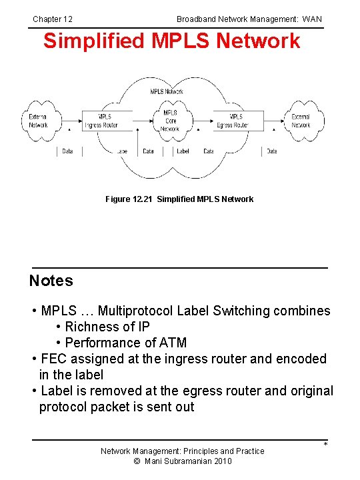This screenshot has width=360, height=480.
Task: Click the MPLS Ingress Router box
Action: click(101, 121)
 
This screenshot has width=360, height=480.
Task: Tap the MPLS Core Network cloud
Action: click(170, 121)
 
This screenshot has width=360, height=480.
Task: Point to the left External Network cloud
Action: click(39, 121)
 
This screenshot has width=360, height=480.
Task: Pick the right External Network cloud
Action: click(301, 121)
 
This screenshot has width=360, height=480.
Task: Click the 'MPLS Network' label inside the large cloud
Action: click(167, 91)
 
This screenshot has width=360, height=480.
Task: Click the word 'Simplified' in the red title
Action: click(87, 41)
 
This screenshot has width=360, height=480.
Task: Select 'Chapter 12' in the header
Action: click(53, 19)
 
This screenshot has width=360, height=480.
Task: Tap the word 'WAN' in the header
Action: click(312, 19)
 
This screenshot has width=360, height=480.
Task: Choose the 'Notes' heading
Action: click(51, 281)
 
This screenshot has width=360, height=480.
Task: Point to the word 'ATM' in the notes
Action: click(171, 343)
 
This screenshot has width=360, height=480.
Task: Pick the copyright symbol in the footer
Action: click(137, 461)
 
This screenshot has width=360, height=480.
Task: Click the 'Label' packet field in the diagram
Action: click(183, 151)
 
